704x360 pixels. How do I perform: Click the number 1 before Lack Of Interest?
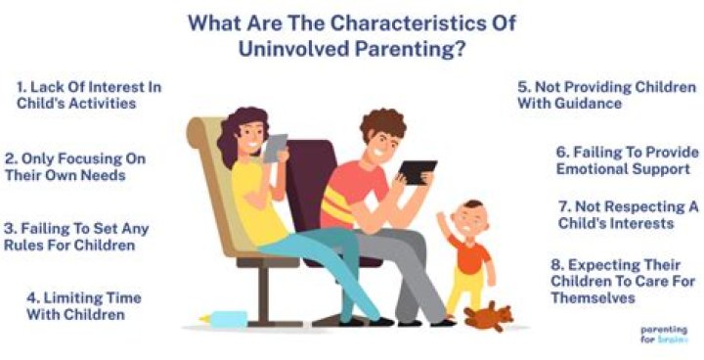[x=21, y=86]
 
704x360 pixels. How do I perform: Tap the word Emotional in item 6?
[x=593, y=169]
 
